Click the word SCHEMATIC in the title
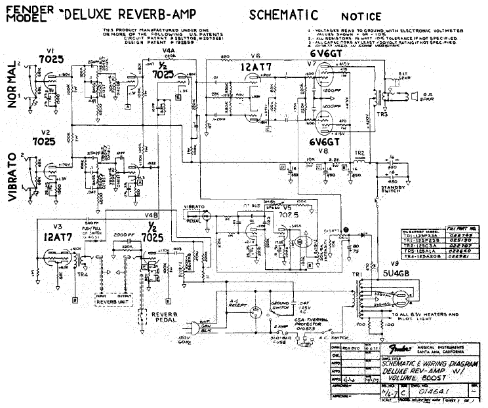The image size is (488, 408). pos(283,14)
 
